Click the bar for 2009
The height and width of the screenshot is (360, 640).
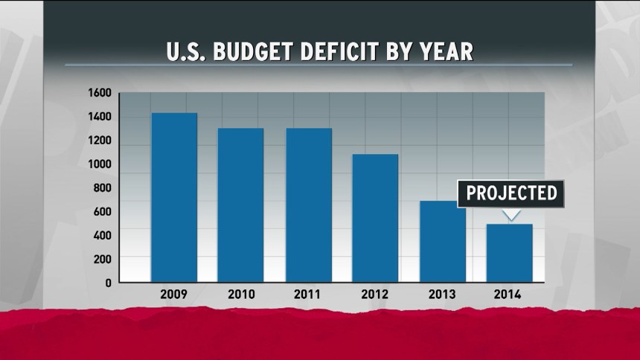(x=174, y=197)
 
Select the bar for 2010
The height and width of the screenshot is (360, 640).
(x=240, y=205)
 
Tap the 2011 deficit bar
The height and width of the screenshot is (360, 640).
(x=309, y=205)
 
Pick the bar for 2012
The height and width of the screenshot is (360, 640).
(x=375, y=218)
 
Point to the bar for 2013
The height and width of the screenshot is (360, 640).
(x=442, y=241)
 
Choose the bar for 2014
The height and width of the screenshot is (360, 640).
(x=510, y=253)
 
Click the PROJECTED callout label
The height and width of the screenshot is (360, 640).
(x=511, y=193)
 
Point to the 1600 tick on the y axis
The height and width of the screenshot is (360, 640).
(x=100, y=93)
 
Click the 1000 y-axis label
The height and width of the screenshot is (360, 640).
(x=100, y=164)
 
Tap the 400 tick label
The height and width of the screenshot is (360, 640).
(x=103, y=236)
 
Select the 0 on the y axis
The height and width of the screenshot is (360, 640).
(x=108, y=283)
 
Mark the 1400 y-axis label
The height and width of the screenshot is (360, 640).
(x=100, y=117)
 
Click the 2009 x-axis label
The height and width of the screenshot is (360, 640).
(x=173, y=295)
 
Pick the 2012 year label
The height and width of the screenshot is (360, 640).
(x=375, y=295)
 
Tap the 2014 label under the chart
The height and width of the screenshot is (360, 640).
(x=509, y=295)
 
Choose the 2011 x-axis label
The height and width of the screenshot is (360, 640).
(x=308, y=295)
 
